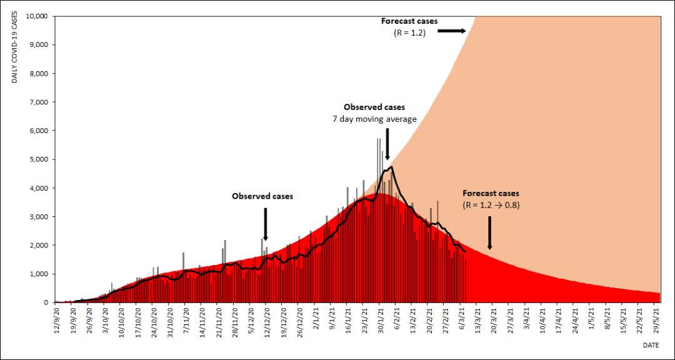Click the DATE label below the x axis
click(x=651, y=344)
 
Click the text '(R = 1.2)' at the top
click(x=409, y=33)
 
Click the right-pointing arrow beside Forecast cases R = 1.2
click(x=451, y=30)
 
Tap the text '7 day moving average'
click(x=374, y=119)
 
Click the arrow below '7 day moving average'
click(x=387, y=144)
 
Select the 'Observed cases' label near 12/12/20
click(x=262, y=196)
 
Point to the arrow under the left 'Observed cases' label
click(x=266, y=223)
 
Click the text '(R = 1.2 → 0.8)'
click(x=491, y=205)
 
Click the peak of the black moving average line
click(x=391, y=167)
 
